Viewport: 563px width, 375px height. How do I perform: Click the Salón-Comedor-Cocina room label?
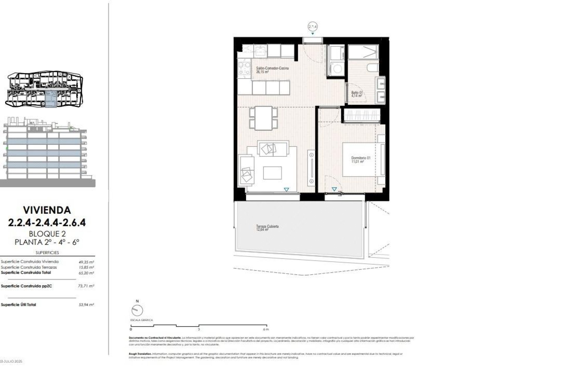tap(268, 69)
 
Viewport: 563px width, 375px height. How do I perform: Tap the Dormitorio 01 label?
tap(361, 159)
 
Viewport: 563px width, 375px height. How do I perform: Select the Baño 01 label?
tap(357, 94)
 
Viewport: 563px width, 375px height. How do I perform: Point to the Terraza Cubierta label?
tap(267, 228)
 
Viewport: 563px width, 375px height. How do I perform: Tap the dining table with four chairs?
tap(263, 118)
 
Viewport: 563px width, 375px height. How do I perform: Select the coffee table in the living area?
tap(272, 173)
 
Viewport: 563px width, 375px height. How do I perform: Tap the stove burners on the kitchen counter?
tap(244, 68)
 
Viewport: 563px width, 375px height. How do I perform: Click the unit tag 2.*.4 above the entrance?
tap(313, 27)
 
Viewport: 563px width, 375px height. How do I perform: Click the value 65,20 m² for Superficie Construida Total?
tap(88, 273)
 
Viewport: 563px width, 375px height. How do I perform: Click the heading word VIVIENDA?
tap(47, 210)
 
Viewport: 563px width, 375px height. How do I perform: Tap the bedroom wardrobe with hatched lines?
tap(362, 115)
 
